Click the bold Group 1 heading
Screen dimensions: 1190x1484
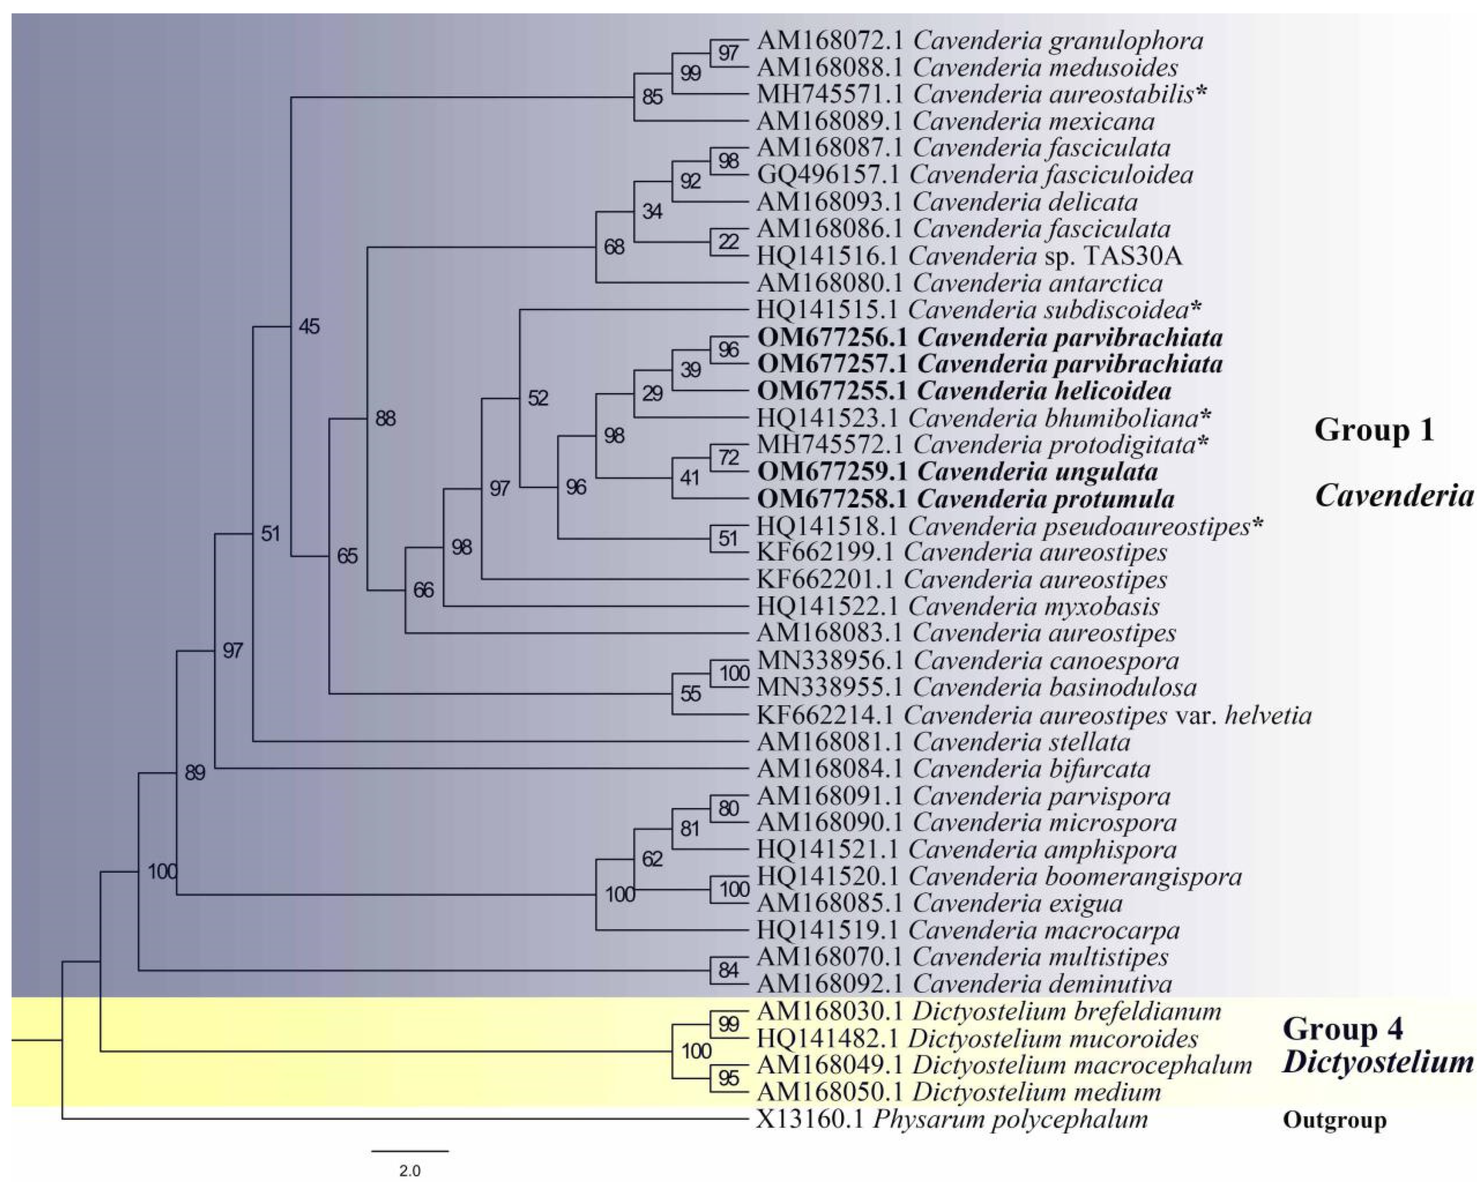point(1374,430)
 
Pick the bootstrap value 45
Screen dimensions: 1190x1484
point(309,326)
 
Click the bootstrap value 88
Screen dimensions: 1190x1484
point(385,419)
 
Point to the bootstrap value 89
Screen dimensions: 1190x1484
point(195,773)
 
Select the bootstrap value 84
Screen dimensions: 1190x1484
point(728,971)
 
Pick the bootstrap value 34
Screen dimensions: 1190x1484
point(652,211)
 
